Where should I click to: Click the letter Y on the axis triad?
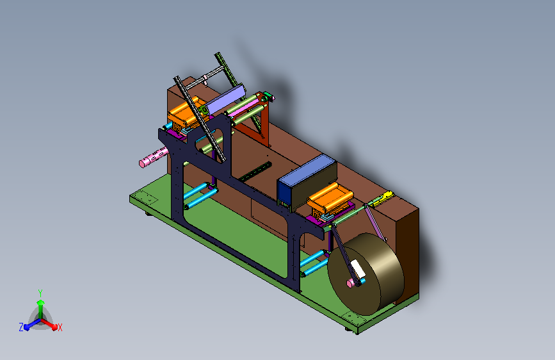(x=40, y=293)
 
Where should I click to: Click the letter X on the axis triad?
(x=60, y=327)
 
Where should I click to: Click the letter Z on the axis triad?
(x=21, y=327)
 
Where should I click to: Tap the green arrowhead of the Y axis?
(x=40, y=303)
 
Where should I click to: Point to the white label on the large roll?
(x=357, y=268)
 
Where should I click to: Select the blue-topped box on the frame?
(x=307, y=181)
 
